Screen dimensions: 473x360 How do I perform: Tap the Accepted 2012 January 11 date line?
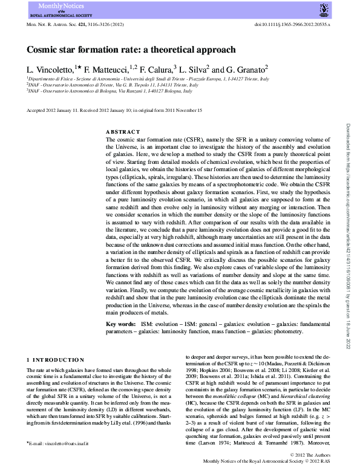pos(115,111)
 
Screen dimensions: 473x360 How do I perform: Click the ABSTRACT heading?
pos(122,132)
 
